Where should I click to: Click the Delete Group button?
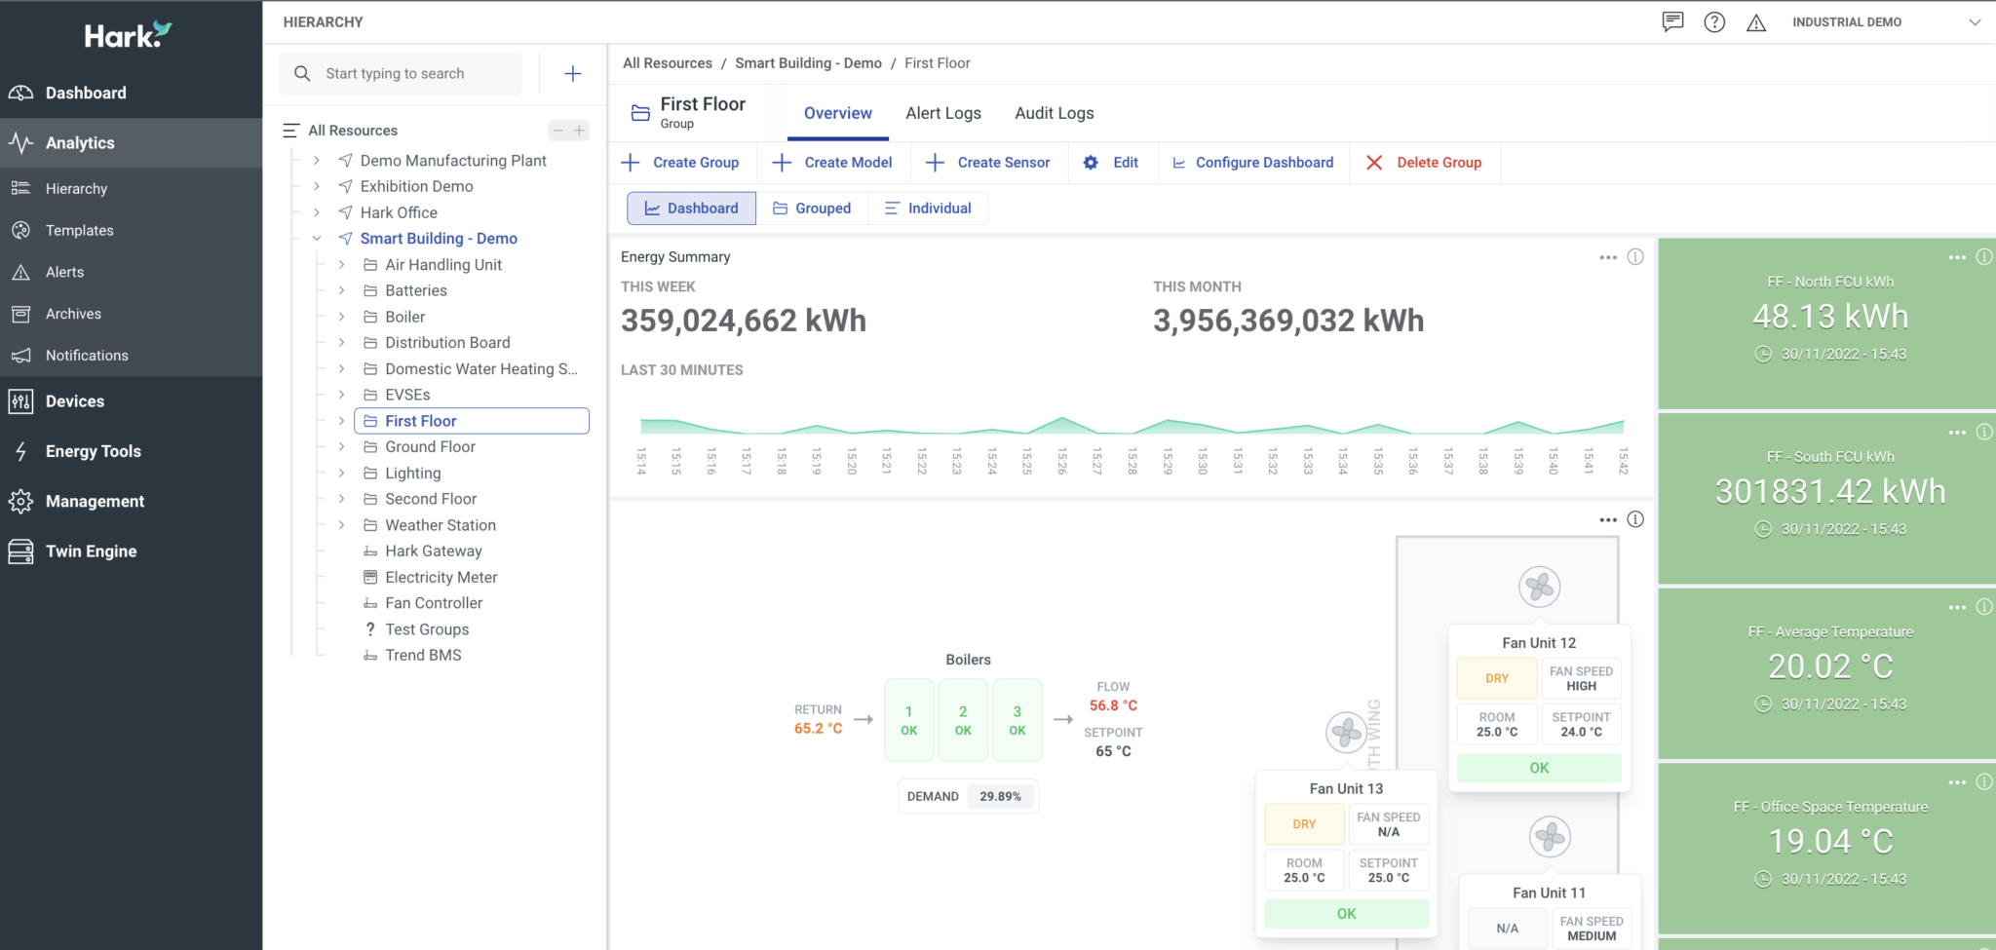[1424, 163]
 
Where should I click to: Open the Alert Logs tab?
[942, 113]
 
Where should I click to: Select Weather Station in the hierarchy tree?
[440, 525]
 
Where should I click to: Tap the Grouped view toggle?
[812, 209]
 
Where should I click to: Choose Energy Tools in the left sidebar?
[93, 451]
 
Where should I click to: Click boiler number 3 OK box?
[1017, 720]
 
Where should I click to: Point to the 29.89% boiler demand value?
[1000, 796]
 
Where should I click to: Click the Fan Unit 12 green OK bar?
[1538, 768]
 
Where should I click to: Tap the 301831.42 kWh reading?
[1829, 492]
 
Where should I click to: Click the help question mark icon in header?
[1714, 22]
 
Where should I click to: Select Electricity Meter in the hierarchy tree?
[441, 577]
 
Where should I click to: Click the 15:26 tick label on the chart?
[1062, 460]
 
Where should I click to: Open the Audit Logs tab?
[1054, 113]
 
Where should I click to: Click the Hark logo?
[128, 36]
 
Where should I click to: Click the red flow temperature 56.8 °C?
[1113, 705]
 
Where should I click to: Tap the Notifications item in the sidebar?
[87, 356]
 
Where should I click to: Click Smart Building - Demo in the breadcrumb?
[808, 63]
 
